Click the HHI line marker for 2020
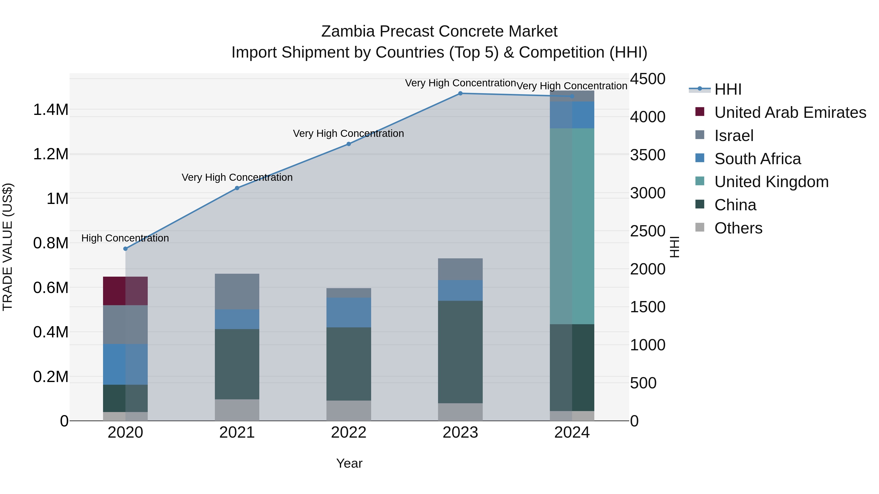[x=125, y=249]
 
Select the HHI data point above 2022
[x=348, y=144]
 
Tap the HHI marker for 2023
[x=460, y=93]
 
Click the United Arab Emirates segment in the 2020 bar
[x=125, y=291]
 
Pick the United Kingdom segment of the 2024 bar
[x=572, y=226]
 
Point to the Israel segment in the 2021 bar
[x=237, y=292]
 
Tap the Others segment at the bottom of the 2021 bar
[x=237, y=410]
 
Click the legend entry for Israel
[x=734, y=136]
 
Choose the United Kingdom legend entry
[x=771, y=182]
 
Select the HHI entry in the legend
[x=728, y=89]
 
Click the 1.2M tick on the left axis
[x=51, y=154]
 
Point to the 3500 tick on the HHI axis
[x=647, y=155]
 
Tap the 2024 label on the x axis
[x=572, y=433]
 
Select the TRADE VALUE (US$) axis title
[x=8, y=247]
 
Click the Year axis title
[x=349, y=463]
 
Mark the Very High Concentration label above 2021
[x=237, y=177]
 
